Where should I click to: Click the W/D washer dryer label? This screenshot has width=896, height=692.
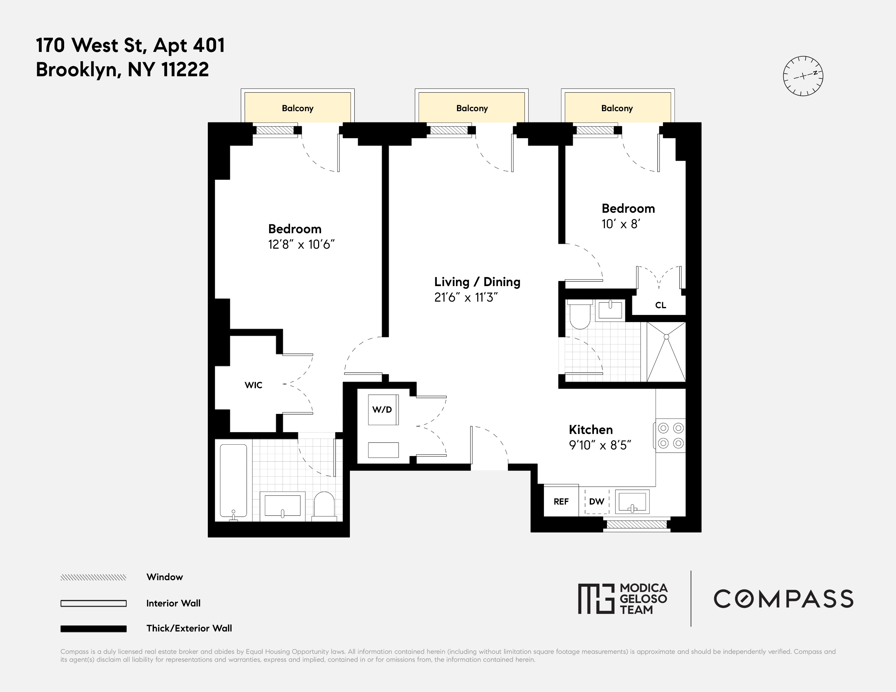click(x=382, y=409)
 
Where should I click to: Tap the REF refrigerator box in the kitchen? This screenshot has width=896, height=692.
click(x=561, y=501)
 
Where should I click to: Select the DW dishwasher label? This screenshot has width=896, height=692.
click(x=596, y=501)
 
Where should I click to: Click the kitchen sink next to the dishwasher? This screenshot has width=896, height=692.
click(x=632, y=502)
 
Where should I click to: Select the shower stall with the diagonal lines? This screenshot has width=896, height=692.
click(x=666, y=352)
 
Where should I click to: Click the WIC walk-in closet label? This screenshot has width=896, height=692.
click(x=253, y=385)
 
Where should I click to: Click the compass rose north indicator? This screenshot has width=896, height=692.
click(x=803, y=76)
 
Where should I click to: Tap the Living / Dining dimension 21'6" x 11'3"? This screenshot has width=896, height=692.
click(x=466, y=298)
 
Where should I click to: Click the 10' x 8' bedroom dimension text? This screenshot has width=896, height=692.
click(x=621, y=224)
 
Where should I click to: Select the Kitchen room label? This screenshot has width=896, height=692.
click(x=591, y=430)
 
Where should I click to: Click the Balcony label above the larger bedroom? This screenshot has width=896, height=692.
click(x=297, y=108)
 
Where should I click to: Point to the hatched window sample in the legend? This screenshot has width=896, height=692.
click(x=94, y=577)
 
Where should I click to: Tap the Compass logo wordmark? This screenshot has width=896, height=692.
click(x=783, y=599)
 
